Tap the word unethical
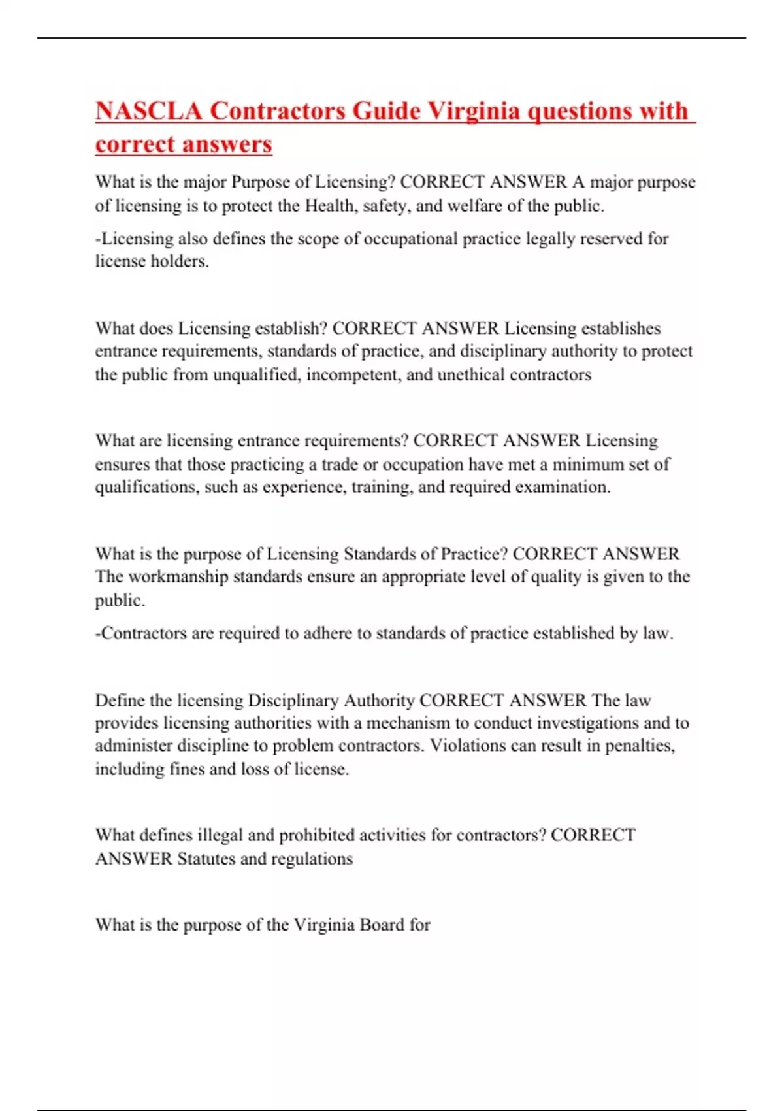(470, 375)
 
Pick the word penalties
(640, 746)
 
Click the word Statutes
(206, 859)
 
